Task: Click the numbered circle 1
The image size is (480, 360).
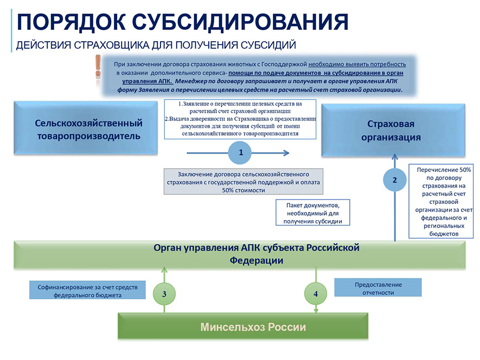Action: (x=241, y=152)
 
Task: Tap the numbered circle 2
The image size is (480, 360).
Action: (x=395, y=181)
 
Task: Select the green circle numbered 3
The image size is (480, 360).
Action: (x=164, y=293)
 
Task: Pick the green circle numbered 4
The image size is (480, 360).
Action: (x=316, y=293)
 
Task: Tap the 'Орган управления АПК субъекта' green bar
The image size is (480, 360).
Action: (x=240, y=254)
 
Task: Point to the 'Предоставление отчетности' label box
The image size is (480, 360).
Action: (x=377, y=288)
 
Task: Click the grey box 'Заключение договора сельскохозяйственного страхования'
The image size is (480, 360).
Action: (x=243, y=182)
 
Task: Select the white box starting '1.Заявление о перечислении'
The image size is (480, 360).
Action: (x=240, y=118)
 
